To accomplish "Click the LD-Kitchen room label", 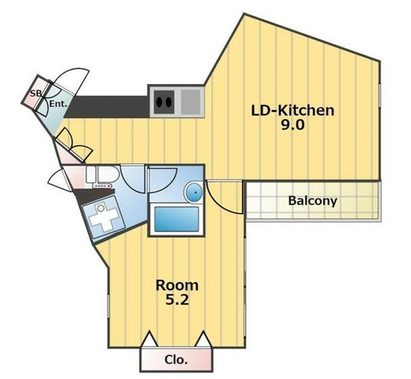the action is pyautogui.click(x=293, y=111).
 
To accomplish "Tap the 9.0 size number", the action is pyautogui.click(x=293, y=125).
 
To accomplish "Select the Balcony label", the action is pyautogui.click(x=312, y=201).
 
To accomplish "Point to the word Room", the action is pyautogui.click(x=177, y=285).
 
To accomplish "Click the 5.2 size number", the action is pyautogui.click(x=177, y=300).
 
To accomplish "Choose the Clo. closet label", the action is pyautogui.click(x=176, y=360).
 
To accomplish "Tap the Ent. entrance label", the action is pyautogui.click(x=58, y=104).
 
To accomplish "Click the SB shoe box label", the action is pyautogui.click(x=36, y=93).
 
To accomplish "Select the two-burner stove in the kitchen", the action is pyautogui.click(x=163, y=102).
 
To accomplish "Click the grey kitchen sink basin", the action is pyautogui.click(x=190, y=102).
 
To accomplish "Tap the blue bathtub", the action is pyautogui.click(x=176, y=219).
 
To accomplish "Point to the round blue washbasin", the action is pyautogui.click(x=194, y=193).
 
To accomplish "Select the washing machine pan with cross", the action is pyautogui.click(x=103, y=217).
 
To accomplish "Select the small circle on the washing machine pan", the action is pyautogui.click(x=101, y=209).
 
